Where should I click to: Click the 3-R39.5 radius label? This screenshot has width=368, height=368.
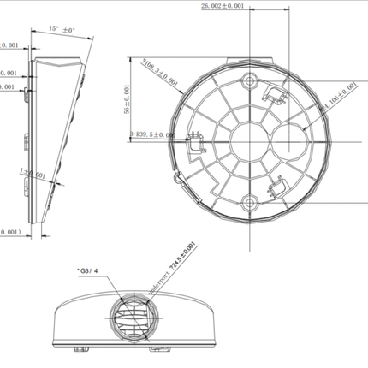[x=153, y=134]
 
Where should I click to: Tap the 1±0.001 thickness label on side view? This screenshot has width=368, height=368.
[x=33, y=173]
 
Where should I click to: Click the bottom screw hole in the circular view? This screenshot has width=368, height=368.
[x=248, y=202]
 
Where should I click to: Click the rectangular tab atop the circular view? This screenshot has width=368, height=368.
[x=248, y=60]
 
